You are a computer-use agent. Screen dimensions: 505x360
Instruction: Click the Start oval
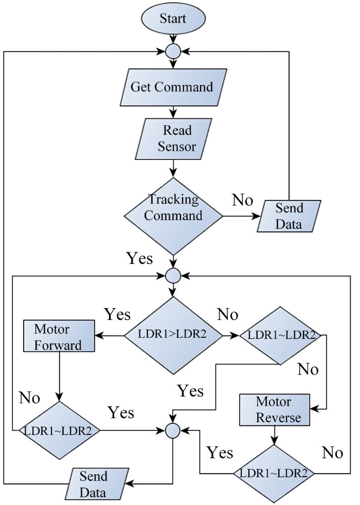(173, 19)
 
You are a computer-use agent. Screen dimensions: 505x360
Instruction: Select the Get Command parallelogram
(171, 87)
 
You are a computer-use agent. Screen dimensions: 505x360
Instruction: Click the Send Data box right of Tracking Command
(290, 217)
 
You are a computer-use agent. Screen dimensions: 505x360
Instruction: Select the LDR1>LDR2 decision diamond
(173, 335)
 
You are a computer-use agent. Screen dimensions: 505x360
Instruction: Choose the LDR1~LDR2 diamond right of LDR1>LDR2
(280, 335)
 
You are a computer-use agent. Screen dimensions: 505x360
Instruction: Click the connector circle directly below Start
(173, 51)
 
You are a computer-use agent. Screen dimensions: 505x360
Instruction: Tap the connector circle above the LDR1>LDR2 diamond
(173, 276)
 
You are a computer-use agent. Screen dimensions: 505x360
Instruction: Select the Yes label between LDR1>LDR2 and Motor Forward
(117, 314)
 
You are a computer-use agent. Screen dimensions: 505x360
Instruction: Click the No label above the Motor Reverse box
(308, 369)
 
